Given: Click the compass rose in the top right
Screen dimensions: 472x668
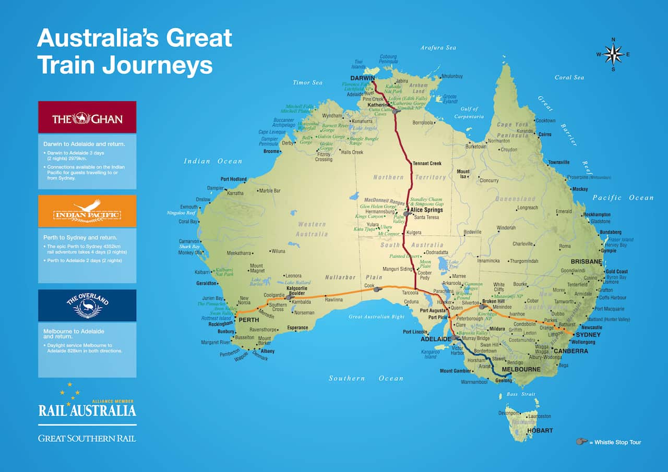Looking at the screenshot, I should click(613, 54).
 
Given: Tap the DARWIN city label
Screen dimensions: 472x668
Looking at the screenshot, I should click(363, 78).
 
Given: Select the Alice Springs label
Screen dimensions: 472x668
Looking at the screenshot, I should click(426, 210).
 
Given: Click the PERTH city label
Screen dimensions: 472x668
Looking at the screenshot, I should click(248, 320).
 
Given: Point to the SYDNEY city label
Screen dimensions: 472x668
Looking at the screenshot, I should click(588, 334).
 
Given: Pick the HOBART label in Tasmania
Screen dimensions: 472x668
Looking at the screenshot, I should click(540, 430).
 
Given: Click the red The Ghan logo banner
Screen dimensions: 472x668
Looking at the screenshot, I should click(87, 117).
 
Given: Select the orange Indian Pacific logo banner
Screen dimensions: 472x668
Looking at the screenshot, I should click(87, 211).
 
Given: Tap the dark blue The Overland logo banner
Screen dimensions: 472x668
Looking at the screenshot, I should click(87, 306).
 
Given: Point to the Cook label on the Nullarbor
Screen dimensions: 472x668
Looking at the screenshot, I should click(369, 286).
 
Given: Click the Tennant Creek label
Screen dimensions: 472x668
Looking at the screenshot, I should click(427, 163).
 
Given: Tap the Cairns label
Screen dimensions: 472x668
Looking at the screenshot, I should click(544, 134).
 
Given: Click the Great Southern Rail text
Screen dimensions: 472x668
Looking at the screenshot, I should click(87, 438).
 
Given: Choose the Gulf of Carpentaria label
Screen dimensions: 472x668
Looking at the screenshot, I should click(469, 113).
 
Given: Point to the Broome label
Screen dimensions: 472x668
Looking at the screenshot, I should click(271, 151).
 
